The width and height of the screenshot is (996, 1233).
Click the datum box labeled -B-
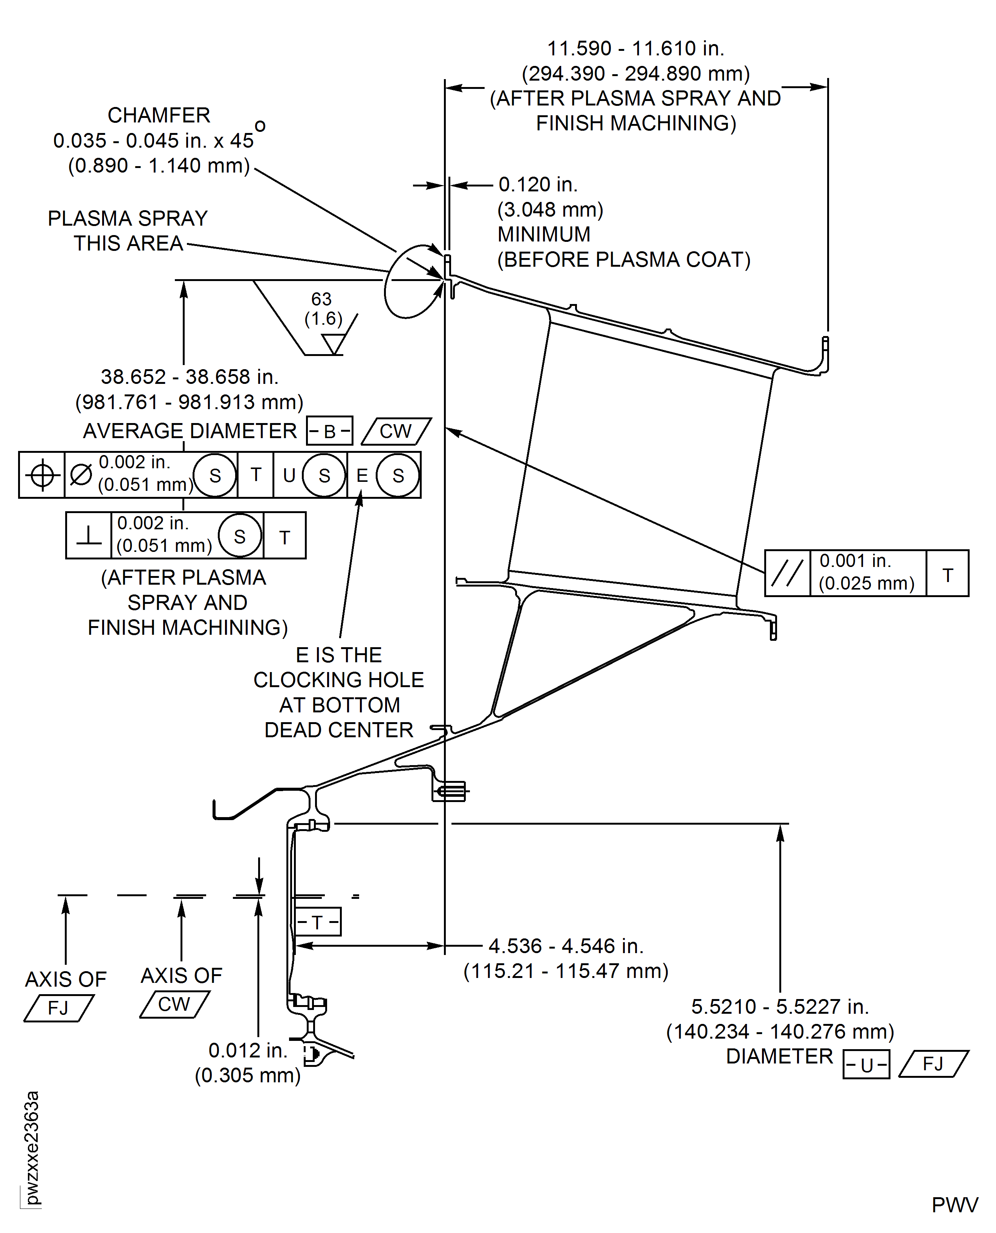(329, 431)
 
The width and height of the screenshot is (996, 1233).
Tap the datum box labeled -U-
(866, 1064)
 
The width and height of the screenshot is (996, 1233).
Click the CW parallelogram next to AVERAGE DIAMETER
(396, 431)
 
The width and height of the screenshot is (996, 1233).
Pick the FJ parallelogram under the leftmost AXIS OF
(58, 1008)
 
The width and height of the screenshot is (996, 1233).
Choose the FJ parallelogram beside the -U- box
(933, 1064)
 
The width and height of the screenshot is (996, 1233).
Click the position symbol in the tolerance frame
(42, 475)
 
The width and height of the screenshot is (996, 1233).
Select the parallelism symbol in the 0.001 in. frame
(787, 573)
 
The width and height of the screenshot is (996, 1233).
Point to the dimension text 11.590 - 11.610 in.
(636, 49)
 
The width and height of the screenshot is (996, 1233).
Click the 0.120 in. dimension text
(538, 185)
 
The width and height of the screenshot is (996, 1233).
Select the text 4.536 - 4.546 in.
(566, 946)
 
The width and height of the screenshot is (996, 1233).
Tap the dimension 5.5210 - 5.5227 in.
(780, 1007)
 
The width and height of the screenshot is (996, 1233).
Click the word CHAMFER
(159, 115)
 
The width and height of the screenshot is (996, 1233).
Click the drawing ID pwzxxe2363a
(32, 1147)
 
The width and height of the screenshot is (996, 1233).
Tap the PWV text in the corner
(954, 1205)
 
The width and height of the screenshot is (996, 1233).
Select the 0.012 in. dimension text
(248, 1050)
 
